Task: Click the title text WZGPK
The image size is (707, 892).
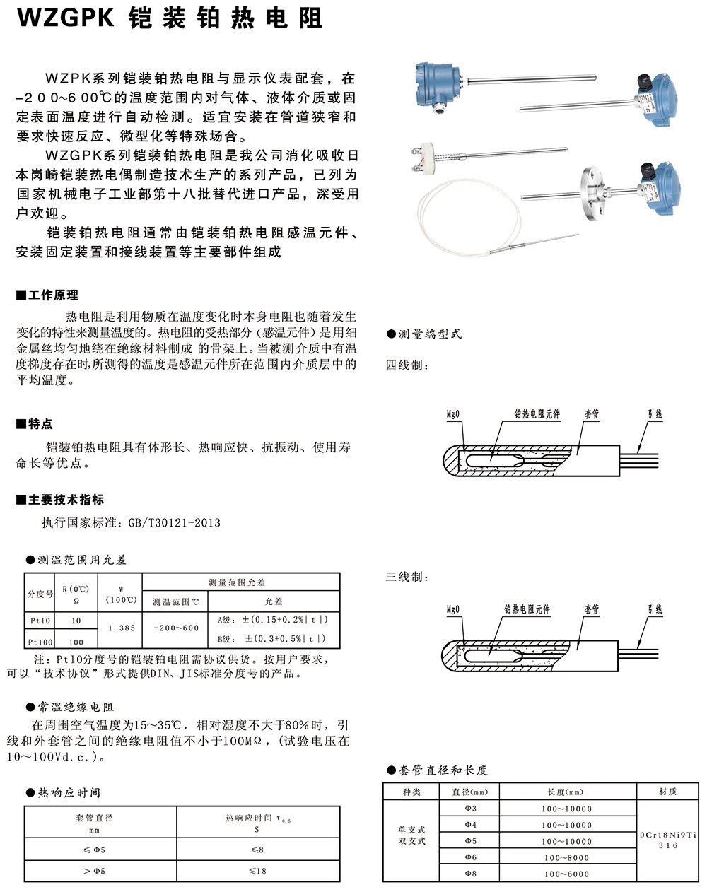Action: [x=66, y=18]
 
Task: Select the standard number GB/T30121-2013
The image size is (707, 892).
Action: [x=174, y=523]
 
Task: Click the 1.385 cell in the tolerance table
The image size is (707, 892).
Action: [x=122, y=628]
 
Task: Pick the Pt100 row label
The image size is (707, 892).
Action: [x=40, y=642]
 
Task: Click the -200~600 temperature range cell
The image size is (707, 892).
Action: [x=176, y=628]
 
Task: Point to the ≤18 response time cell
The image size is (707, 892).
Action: [x=257, y=871]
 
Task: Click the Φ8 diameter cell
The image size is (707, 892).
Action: [x=470, y=874]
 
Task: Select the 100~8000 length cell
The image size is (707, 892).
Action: [x=566, y=857]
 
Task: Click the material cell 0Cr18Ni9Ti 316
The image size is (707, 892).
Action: [x=667, y=840]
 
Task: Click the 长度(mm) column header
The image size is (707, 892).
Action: [x=566, y=792]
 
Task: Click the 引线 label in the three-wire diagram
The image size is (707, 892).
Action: [x=655, y=609]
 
